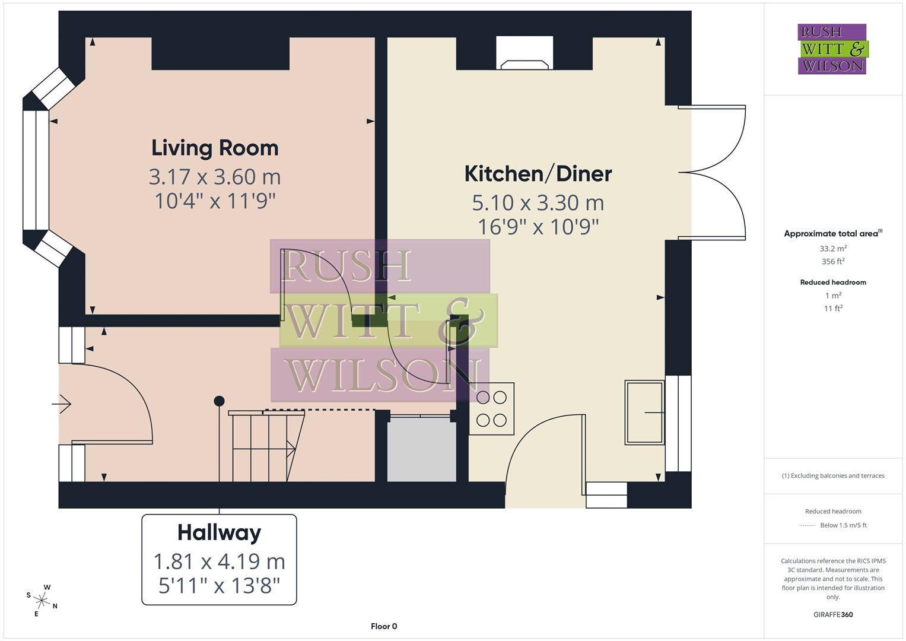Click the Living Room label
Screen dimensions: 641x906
(215, 148)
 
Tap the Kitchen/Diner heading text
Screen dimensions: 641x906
(538, 174)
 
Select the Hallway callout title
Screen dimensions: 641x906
(219, 532)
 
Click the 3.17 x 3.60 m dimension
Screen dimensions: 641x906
(215, 177)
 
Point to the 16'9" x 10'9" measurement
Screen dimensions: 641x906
(538, 227)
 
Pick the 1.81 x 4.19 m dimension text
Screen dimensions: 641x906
(219, 561)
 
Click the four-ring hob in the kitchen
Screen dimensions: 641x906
(491, 409)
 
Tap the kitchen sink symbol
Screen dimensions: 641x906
(644, 412)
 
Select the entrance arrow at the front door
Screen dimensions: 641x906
(62, 404)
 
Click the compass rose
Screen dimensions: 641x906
(42, 599)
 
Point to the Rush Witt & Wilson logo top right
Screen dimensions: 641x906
(832, 49)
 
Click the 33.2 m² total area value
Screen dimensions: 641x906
(833, 249)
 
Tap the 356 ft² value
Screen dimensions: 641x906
(833, 262)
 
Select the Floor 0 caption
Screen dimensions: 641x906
(384, 626)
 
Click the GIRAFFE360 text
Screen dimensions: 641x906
(833, 614)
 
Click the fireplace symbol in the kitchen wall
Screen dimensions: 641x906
(524, 53)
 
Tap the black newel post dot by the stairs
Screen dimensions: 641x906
(219, 401)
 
